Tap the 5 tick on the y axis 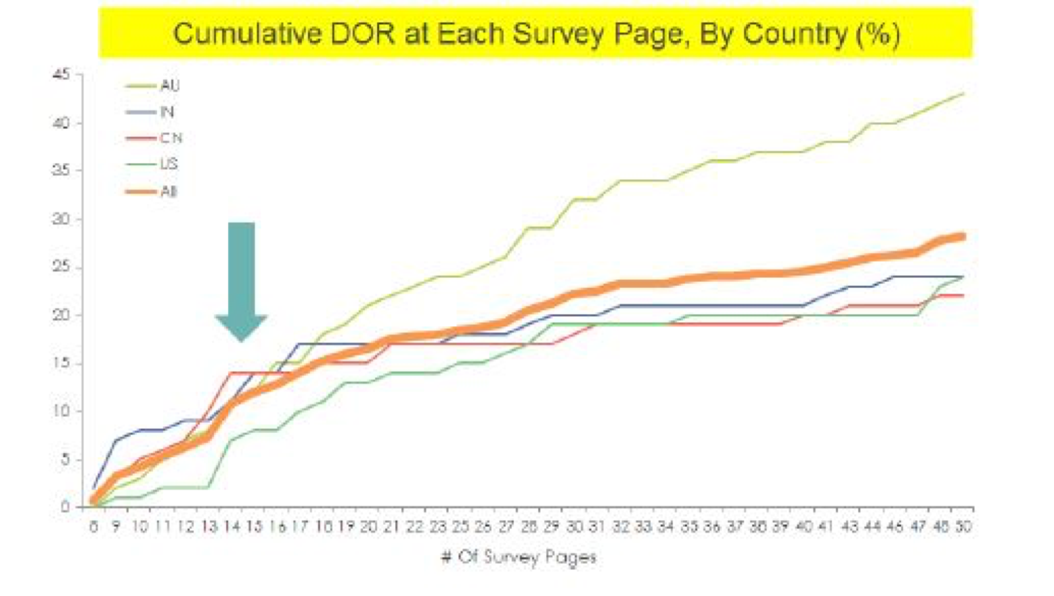(x=64, y=459)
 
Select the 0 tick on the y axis (x=65, y=507)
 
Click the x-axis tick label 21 (x=391, y=526)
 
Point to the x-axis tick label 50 (x=963, y=526)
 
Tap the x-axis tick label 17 (x=299, y=526)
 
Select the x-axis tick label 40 (x=804, y=526)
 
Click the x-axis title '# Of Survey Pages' (x=519, y=557)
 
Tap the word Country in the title (x=794, y=33)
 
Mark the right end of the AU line (x=963, y=93)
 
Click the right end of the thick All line (x=963, y=236)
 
